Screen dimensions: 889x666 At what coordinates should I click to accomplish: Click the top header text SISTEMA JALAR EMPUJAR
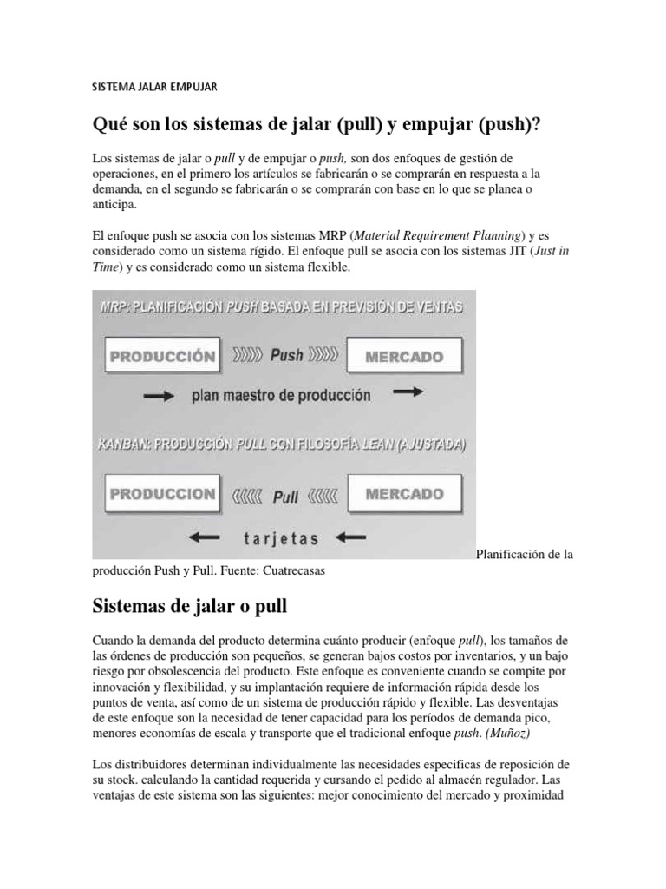tap(154, 87)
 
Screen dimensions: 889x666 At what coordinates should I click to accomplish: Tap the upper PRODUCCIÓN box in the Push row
tap(160, 356)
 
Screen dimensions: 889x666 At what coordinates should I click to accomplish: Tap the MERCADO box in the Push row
tap(404, 356)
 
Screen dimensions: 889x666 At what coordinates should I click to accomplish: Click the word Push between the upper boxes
tap(286, 356)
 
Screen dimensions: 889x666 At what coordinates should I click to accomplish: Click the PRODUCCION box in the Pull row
tap(160, 494)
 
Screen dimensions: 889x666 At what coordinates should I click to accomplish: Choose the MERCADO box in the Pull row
tap(404, 494)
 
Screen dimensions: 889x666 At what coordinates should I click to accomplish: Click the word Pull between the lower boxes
tap(285, 497)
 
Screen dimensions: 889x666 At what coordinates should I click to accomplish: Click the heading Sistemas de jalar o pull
tap(188, 603)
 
